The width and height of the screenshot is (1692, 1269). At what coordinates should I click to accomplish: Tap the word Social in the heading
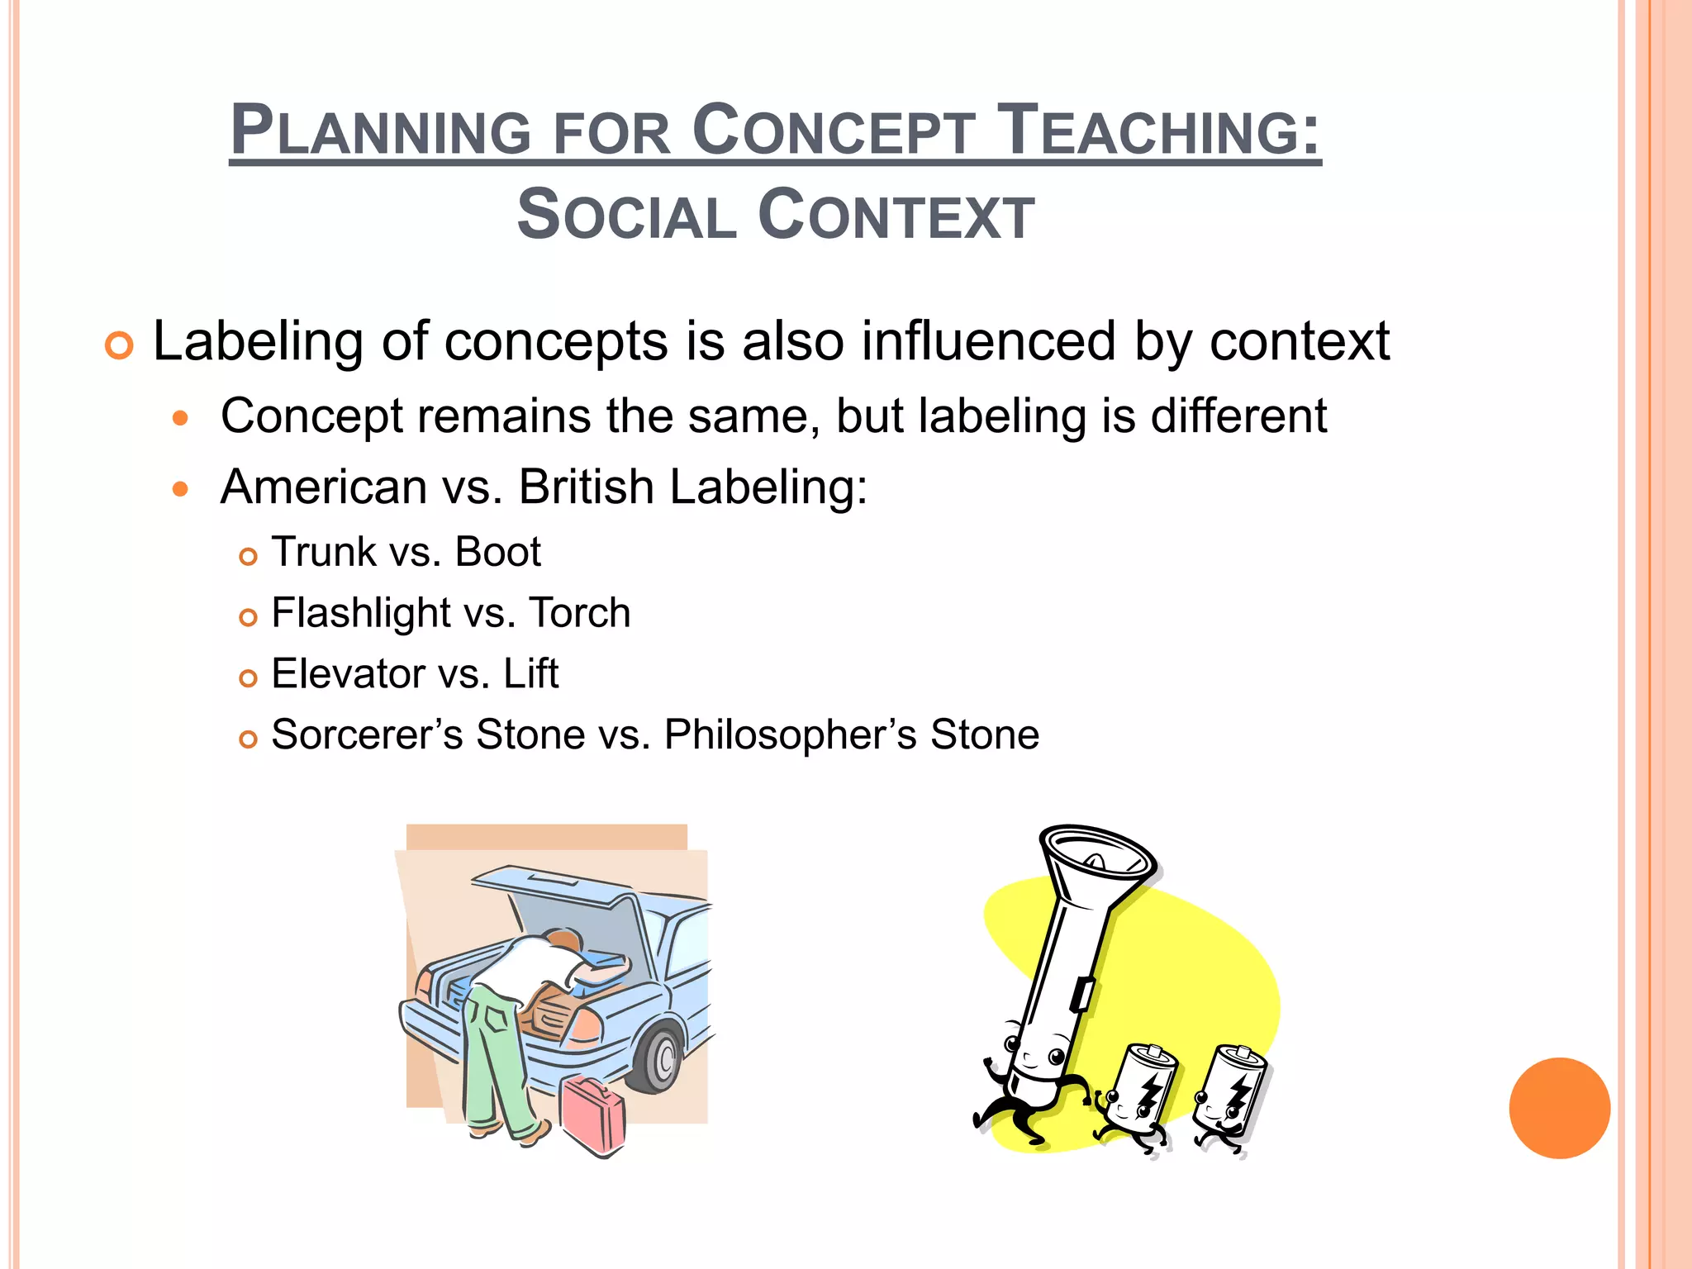click(626, 215)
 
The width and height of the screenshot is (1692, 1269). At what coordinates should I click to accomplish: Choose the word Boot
click(497, 552)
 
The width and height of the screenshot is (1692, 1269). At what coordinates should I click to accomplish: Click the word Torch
click(579, 613)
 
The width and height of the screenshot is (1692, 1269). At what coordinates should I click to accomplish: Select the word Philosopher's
click(790, 734)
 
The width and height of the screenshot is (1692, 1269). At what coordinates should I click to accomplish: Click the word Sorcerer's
click(367, 734)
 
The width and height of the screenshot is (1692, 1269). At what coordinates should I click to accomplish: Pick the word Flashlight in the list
click(360, 613)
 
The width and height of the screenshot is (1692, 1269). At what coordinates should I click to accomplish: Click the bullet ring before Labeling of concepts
click(120, 345)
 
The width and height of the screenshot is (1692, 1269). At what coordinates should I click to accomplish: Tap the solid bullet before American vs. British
click(181, 490)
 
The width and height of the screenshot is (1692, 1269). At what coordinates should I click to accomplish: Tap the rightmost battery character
click(1231, 1099)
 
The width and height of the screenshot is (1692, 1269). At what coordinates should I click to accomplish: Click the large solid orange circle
click(1559, 1108)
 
